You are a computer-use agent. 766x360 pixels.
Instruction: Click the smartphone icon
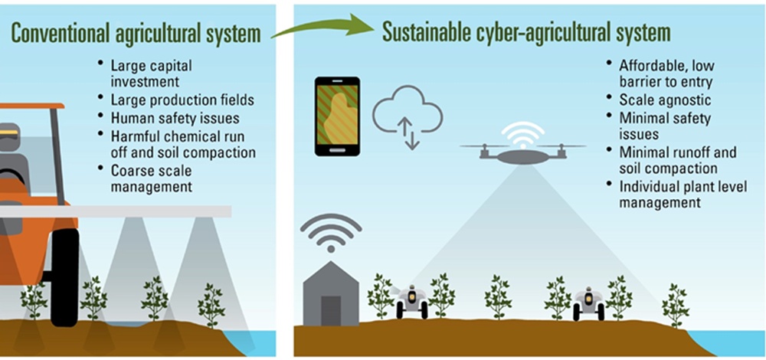point(337,116)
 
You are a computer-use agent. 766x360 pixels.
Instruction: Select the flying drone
point(522,152)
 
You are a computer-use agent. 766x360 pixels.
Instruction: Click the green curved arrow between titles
point(321,30)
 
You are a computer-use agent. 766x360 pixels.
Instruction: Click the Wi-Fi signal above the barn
point(330,231)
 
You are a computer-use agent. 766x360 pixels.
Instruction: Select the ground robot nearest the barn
point(412,301)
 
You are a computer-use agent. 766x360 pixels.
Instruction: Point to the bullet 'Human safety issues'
point(175,118)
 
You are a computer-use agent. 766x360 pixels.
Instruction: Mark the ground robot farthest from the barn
point(589,303)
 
